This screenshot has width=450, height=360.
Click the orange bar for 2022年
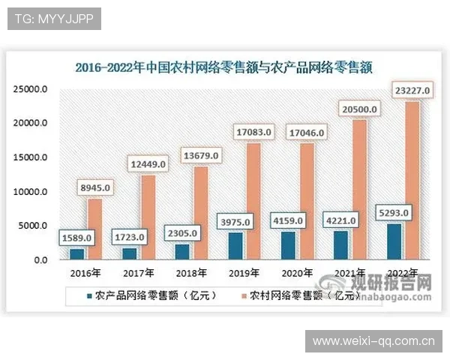pos(411,180)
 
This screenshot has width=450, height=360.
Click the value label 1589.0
pos(76,238)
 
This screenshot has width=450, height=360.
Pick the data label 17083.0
pos(253,133)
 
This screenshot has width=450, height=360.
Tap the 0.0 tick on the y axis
pos(38,260)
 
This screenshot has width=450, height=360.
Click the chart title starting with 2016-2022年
pos(224,67)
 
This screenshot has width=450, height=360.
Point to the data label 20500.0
pos(359,110)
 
